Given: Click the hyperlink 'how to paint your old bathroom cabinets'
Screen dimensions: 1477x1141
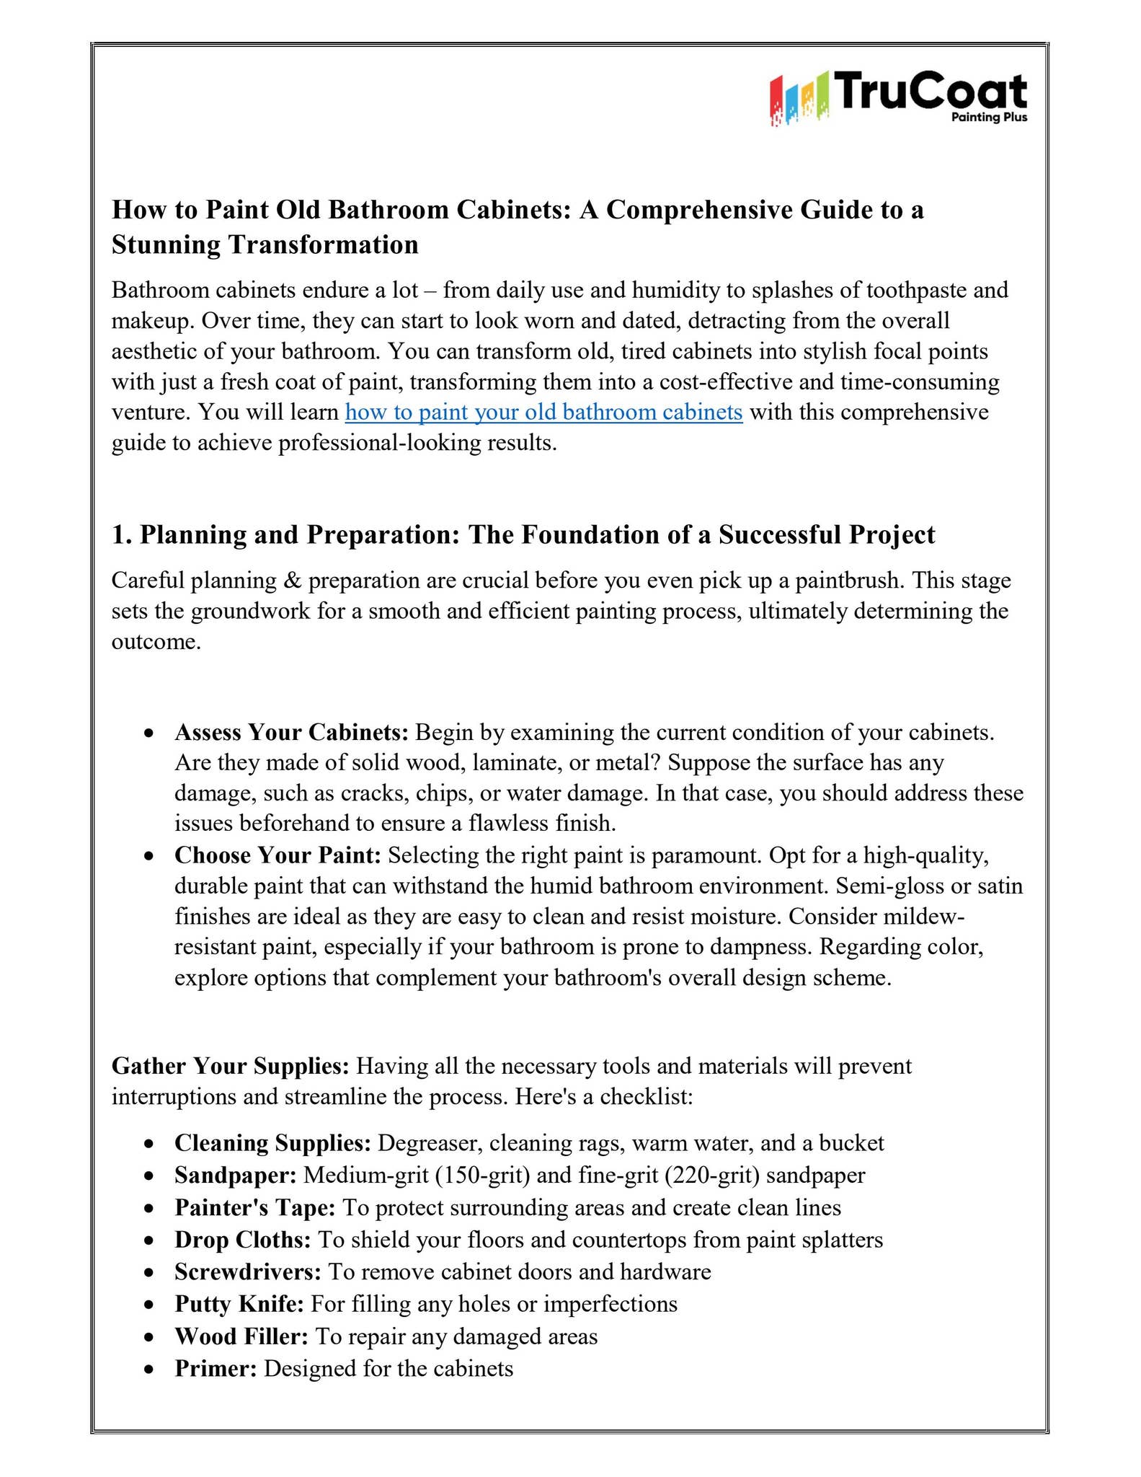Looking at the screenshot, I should tap(543, 412).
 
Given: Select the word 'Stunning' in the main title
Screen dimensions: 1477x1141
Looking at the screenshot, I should tap(166, 244).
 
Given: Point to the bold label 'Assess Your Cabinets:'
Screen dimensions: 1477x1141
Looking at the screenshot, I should tap(292, 732).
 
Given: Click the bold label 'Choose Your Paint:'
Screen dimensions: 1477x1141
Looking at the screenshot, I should tap(278, 855).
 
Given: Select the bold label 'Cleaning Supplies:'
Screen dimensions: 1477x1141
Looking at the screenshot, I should tap(272, 1143).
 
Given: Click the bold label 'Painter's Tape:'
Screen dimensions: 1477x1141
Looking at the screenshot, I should tap(255, 1208).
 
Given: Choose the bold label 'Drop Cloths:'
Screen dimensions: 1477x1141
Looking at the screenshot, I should tap(243, 1240).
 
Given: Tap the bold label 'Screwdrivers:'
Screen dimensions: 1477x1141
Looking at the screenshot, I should tap(248, 1271).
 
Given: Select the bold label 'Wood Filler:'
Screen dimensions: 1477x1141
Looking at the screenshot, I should tap(241, 1336).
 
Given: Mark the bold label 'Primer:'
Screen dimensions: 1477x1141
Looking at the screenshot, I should tap(216, 1369).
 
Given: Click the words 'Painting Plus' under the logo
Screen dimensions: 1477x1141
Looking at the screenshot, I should tap(989, 118).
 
